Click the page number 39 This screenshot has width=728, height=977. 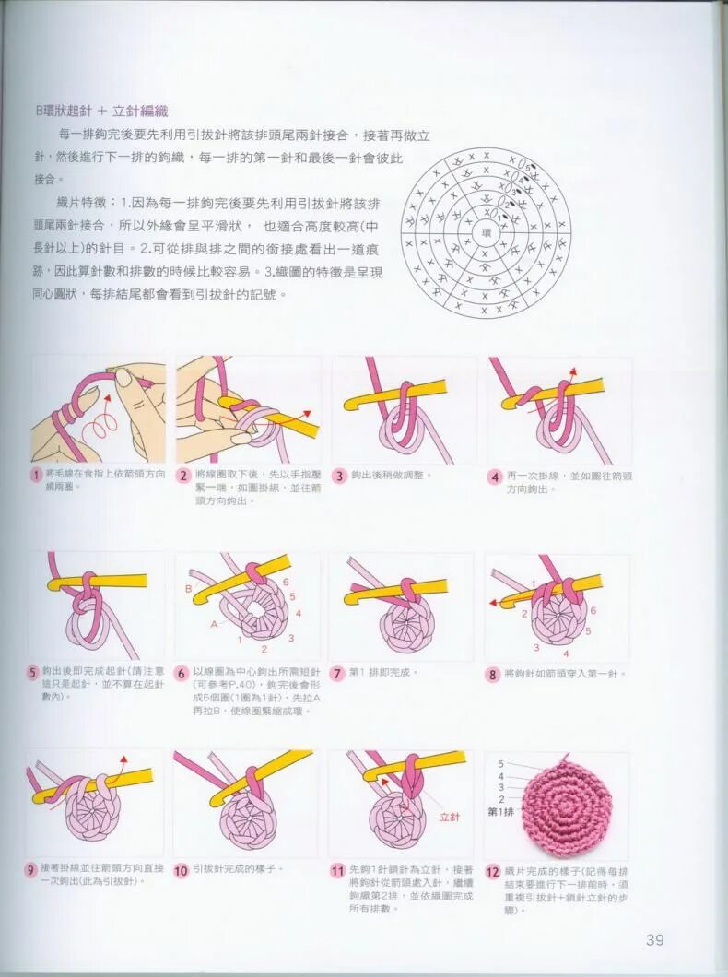point(654,940)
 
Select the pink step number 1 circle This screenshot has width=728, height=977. point(36,476)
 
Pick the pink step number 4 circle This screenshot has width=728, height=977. point(495,477)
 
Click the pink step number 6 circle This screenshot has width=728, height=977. point(182,674)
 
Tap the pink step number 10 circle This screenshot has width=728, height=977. point(182,870)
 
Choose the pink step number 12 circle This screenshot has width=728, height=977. point(493,870)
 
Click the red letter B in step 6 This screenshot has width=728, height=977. point(188,587)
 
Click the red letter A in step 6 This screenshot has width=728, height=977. point(214,623)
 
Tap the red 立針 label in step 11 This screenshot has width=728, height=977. point(450,817)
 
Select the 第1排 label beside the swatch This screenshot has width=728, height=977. point(500,813)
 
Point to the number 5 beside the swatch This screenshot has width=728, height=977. point(500,764)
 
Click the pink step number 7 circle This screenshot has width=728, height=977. point(337,674)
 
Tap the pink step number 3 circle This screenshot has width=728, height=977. point(339,477)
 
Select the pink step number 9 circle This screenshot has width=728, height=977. point(32,870)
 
